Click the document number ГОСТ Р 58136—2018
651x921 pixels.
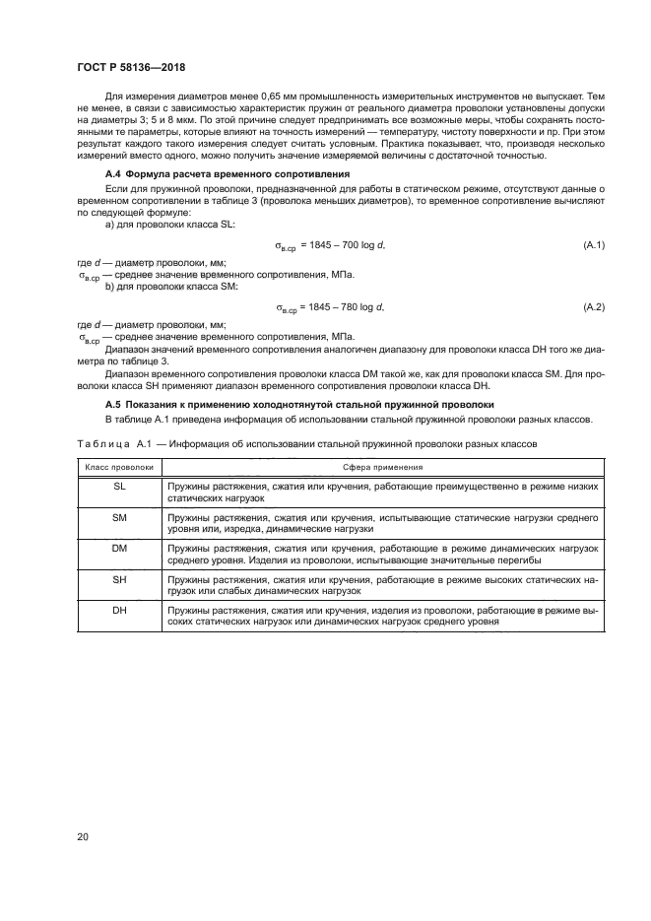click(x=130, y=67)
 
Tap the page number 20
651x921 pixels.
click(x=84, y=837)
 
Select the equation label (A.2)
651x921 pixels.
click(x=594, y=307)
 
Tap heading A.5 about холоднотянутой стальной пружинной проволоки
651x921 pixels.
click(x=273, y=405)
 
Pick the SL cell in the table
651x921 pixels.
click(x=119, y=486)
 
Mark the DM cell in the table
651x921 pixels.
click(x=119, y=548)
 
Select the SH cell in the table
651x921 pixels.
click(x=119, y=579)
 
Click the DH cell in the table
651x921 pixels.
click(x=119, y=611)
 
